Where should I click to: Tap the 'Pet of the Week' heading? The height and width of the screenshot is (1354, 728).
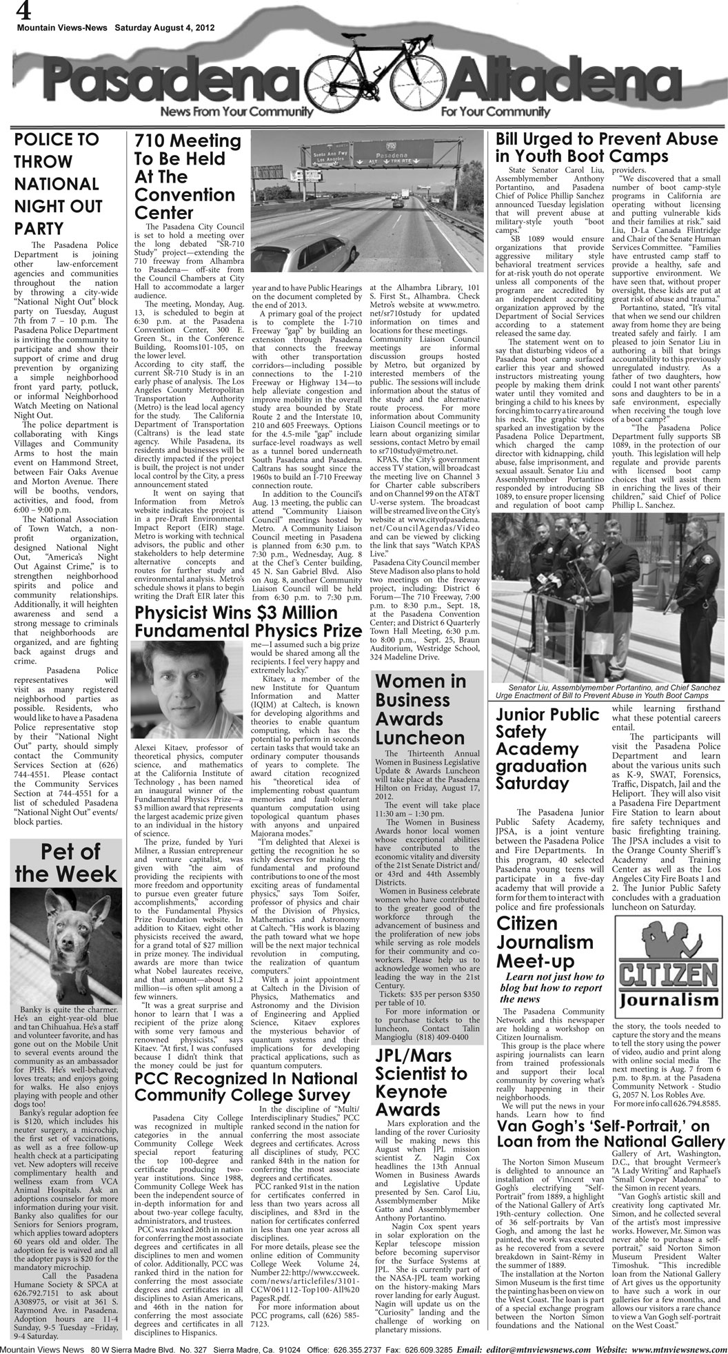click(67, 863)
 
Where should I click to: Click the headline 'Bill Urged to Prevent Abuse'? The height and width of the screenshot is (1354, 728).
click(607, 147)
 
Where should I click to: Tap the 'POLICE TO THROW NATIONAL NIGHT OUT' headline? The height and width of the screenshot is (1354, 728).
click(59, 184)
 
